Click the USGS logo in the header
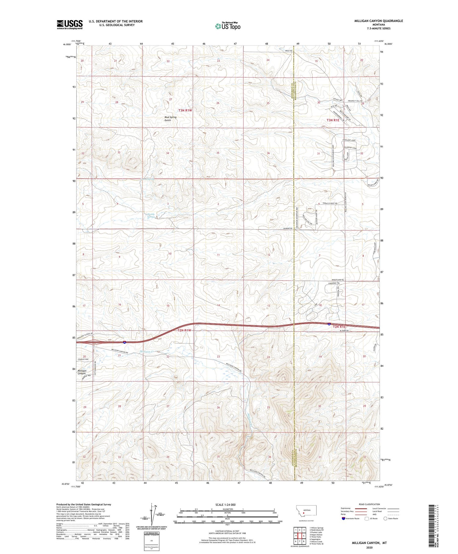[x=70, y=24]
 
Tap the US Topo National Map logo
[x=228, y=26]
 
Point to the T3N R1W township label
[x=186, y=110]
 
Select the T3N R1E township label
[x=333, y=120]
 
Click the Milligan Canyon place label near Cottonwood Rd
[x=82, y=372]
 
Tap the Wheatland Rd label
[x=338, y=280]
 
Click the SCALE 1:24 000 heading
[x=227, y=504]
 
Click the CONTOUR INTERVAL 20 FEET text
[x=227, y=531]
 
